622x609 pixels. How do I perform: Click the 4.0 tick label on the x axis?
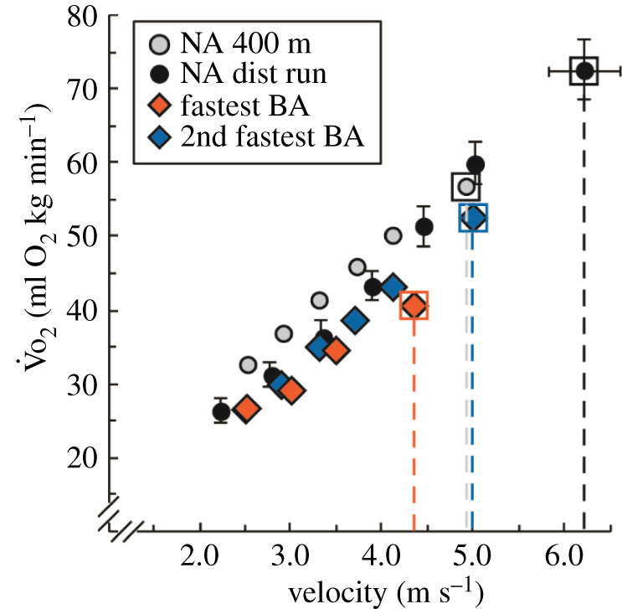pyautogui.click(x=382, y=555)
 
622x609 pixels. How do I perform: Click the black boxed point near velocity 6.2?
pyautogui.click(x=584, y=71)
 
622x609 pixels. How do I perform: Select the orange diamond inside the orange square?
pyautogui.click(x=414, y=306)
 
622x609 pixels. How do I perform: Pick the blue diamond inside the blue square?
pyautogui.click(x=473, y=218)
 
